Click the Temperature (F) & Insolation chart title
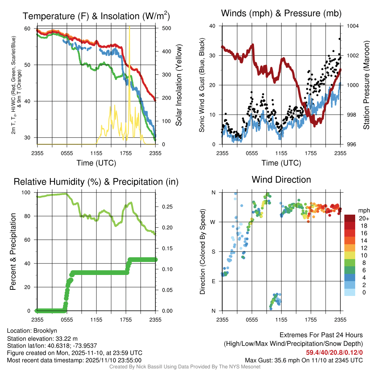[96, 16]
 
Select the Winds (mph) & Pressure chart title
[281, 13]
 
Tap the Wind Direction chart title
[281, 180]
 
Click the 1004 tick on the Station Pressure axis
[352, 26]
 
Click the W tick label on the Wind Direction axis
[213, 222]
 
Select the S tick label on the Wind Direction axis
[213, 251]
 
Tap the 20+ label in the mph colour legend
[363, 219]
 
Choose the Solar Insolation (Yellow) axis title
[179, 85]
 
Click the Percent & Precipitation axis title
[13, 251]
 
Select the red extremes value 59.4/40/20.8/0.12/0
[334, 352]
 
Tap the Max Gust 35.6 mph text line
[304, 360]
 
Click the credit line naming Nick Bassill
[185, 367]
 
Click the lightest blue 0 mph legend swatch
[349, 293]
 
